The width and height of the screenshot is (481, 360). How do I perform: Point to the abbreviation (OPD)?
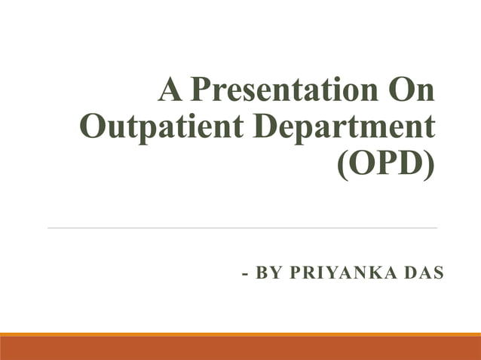click(386, 163)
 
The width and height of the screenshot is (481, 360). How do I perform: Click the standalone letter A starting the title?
click(169, 92)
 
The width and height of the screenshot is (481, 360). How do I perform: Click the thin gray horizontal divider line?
click(241, 227)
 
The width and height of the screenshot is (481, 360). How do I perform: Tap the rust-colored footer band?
click(240, 349)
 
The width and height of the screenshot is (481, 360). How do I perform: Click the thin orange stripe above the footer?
click(240, 334)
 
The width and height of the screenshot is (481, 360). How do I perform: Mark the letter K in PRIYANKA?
click(366, 273)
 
